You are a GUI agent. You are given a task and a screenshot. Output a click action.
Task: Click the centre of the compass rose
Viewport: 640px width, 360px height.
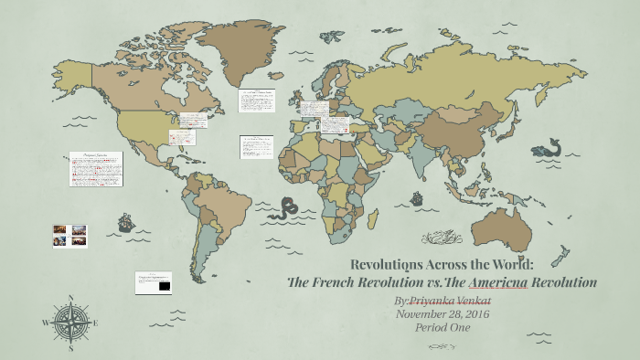click(x=70, y=323)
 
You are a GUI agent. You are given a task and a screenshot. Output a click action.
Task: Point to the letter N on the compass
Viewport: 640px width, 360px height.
click(x=70, y=297)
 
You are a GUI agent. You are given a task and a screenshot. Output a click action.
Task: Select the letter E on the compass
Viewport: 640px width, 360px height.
click(x=95, y=323)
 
